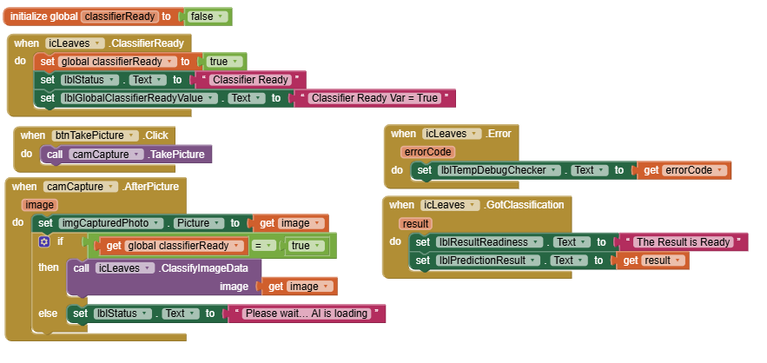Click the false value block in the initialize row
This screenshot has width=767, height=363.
coord(208,16)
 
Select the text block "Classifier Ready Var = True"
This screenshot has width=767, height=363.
coord(374,98)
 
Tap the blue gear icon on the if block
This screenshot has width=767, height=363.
coord(43,242)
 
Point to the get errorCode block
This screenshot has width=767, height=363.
coord(684,170)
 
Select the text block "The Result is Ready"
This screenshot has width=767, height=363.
coord(685,241)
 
